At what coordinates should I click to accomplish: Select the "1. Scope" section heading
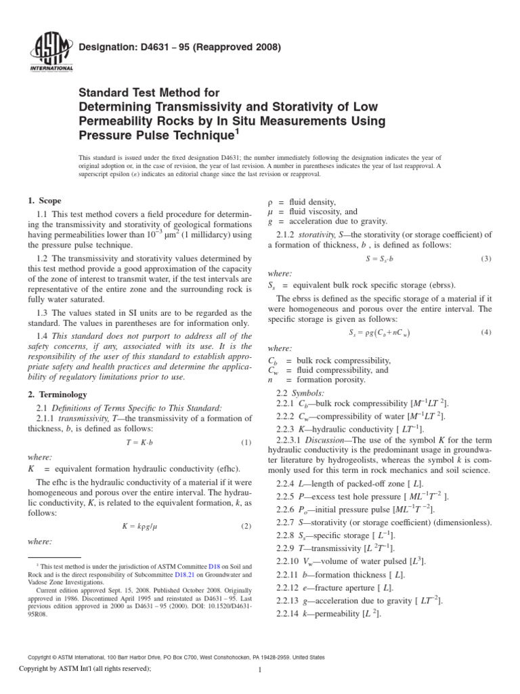click(x=43, y=201)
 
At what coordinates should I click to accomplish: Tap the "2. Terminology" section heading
click(x=58, y=394)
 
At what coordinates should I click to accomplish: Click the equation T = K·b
click(x=139, y=443)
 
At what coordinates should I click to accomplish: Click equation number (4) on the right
click(x=485, y=332)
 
